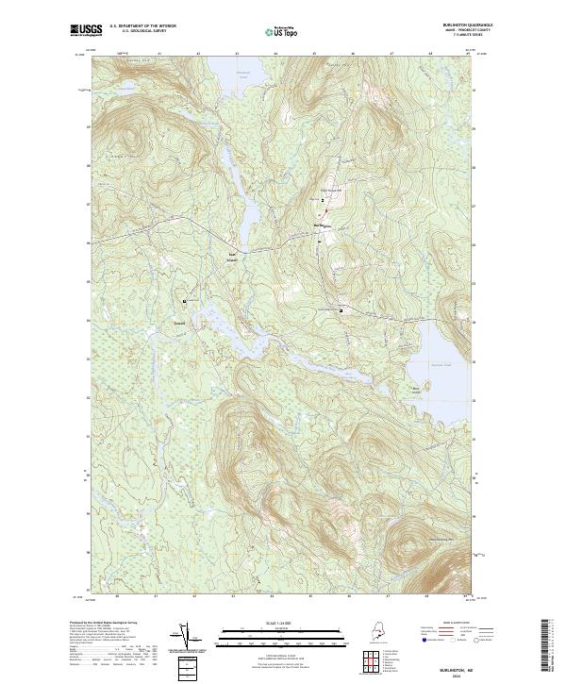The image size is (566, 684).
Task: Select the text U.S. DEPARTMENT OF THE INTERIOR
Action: (x=142, y=25)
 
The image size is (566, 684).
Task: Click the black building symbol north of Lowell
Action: (x=185, y=301)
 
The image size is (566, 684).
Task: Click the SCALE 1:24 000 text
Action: (x=273, y=622)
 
